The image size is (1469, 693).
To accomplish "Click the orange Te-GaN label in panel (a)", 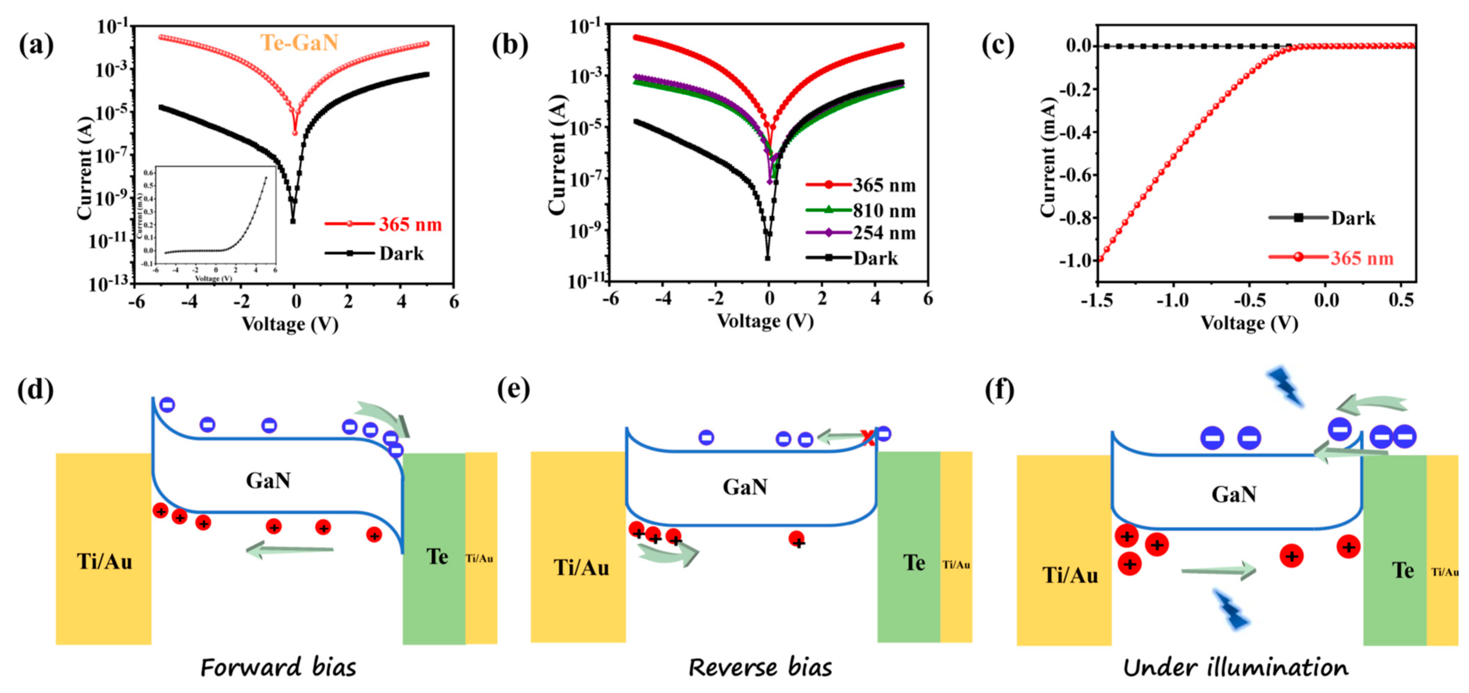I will [299, 43].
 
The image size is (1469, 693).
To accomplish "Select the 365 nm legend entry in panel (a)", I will [410, 224].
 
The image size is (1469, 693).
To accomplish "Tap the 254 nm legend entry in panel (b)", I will [884, 233].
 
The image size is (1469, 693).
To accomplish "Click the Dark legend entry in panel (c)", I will [1353, 218].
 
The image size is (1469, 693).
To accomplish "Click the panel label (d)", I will [35, 391].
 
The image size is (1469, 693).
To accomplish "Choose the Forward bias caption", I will [278, 667].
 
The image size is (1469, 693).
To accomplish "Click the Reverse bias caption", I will [760, 667].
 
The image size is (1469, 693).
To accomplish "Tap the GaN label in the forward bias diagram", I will [268, 481].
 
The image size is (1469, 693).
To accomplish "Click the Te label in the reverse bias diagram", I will [914, 563].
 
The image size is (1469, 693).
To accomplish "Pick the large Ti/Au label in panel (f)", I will [1070, 575].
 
